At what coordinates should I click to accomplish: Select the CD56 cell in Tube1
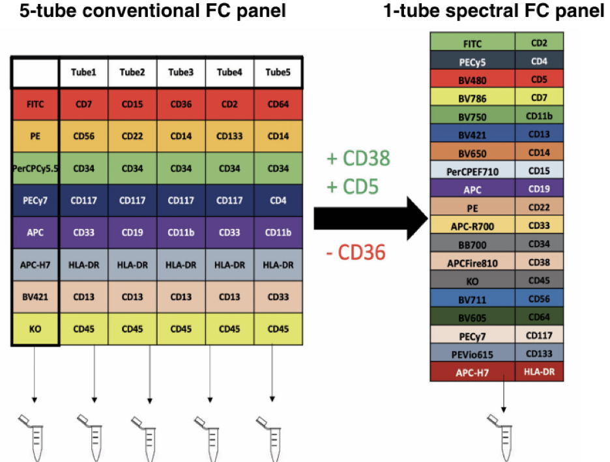tap(83, 136)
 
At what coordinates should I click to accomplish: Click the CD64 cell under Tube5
tap(278, 104)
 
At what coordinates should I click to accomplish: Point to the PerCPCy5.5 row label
tap(35, 168)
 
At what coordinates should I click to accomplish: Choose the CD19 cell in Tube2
tap(132, 232)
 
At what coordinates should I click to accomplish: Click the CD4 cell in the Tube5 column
tap(278, 200)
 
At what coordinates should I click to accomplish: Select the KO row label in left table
tap(35, 328)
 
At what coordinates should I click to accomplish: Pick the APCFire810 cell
tap(472, 263)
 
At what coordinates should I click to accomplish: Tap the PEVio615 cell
tap(472, 354)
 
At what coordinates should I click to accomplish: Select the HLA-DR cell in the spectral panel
tap(539, 373)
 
